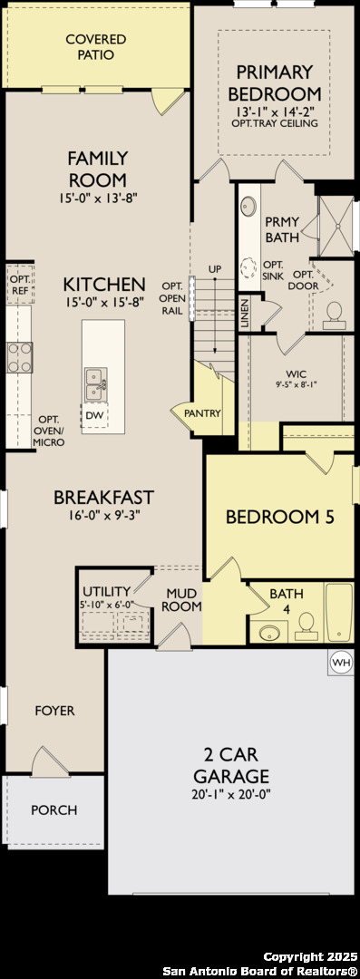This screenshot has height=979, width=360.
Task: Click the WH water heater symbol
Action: point(341,661)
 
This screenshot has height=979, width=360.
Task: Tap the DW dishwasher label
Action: point(93,415)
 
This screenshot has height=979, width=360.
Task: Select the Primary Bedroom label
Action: point(275,83)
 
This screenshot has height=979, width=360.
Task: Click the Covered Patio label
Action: point(95,47)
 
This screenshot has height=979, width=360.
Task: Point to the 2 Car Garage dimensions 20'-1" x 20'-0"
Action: point(232,795)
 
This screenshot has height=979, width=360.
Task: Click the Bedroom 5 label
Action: point(280,517)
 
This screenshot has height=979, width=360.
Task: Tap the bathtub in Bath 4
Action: point(339,613)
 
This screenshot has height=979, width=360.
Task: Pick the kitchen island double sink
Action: point(95,384)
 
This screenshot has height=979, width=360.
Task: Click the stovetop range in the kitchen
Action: point(19,358)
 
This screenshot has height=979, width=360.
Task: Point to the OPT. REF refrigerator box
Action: point(19,284)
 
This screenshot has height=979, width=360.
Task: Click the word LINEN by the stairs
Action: point(244,314)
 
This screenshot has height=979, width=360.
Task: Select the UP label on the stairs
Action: point(215,268)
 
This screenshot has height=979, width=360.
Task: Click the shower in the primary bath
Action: point(336,226)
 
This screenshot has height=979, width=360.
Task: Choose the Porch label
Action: point(54,809)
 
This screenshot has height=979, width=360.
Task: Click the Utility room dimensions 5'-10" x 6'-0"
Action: point(108,604)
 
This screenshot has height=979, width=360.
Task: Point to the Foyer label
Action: point(54,711)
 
